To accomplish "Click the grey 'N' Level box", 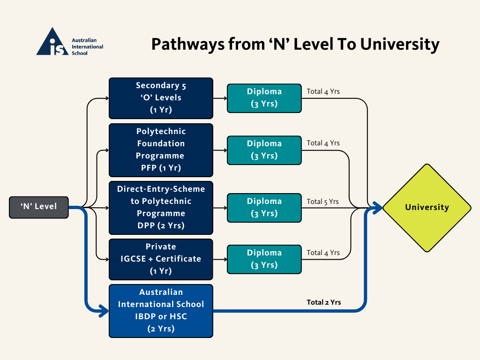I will click(x=39, y=207).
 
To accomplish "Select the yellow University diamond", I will click(x=427, y=208).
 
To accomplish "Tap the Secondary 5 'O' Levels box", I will click(x=161, y=98).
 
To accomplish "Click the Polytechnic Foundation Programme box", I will click(x=161, y=150).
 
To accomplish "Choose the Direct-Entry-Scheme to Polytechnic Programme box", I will click(x=161, y=208).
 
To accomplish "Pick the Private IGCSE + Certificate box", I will click(x=161, y=259).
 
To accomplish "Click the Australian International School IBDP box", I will click(x=161, y=311).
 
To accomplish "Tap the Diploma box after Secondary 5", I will click(x=264, y=98).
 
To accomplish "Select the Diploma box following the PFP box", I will click(x=264, y=150).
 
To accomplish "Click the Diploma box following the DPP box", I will click(x=264, y=208).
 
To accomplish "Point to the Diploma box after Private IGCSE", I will click(x=264, y=259).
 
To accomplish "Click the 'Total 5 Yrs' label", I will click(x=323, y=202).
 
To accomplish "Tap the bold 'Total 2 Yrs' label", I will click(x=323, y=302).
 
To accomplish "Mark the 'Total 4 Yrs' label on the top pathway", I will click(x=323, y=91).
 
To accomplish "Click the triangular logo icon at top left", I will click(x=52, y=42).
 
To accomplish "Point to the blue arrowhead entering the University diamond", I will click(x=378, y=208).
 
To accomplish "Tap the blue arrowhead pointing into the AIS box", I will click(x=104, y=310).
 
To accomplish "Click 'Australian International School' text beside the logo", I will click(x=87, y=47).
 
